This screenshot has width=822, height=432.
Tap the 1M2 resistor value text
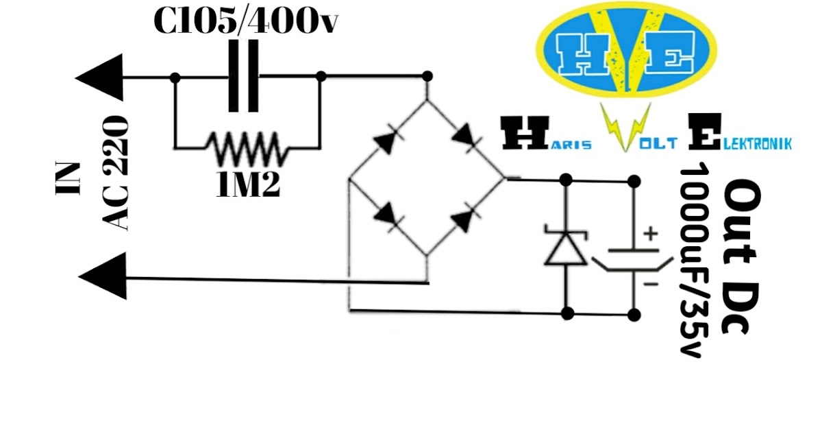247,185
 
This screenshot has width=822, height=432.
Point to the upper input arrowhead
102,76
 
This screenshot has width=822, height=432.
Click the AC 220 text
114,173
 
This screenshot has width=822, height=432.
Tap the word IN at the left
68,180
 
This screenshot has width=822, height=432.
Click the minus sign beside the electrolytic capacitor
651,282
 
